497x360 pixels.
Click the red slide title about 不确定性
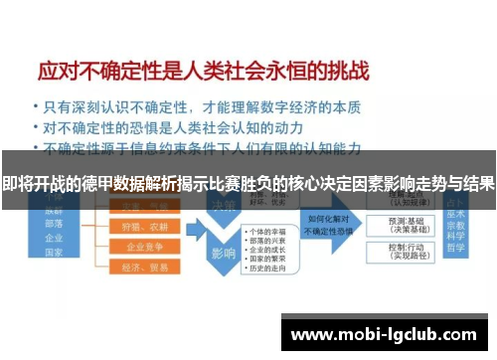[203, 71]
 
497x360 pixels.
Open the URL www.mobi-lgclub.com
[387, 333]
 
